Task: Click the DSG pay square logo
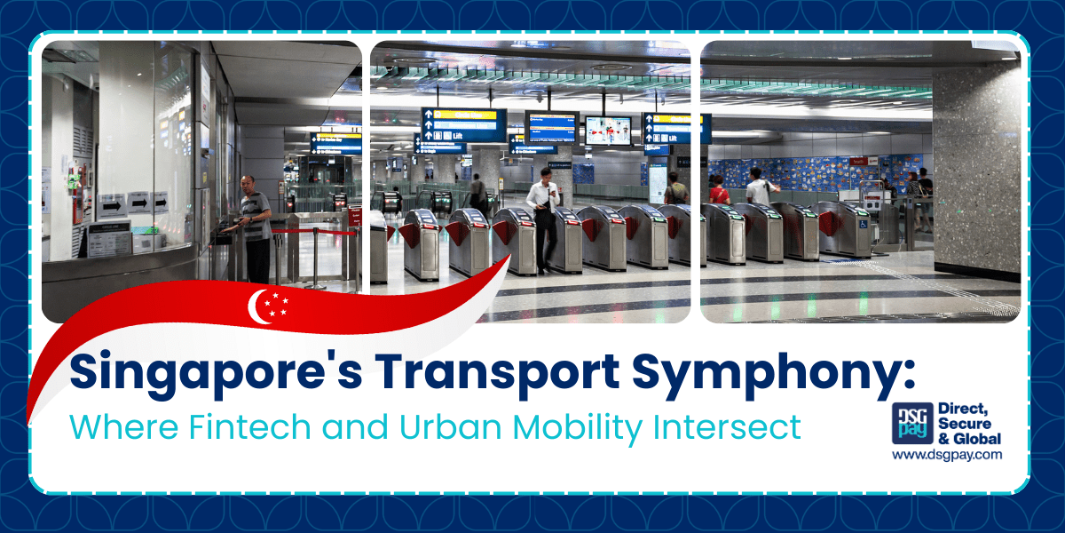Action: [911, 425]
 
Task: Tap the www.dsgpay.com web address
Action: [947, 454]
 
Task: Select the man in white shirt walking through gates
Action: [543, 213]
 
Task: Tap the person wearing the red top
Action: [718, 190]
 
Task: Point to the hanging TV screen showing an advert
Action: [608, 130]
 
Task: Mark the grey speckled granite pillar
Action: [976, 169]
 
